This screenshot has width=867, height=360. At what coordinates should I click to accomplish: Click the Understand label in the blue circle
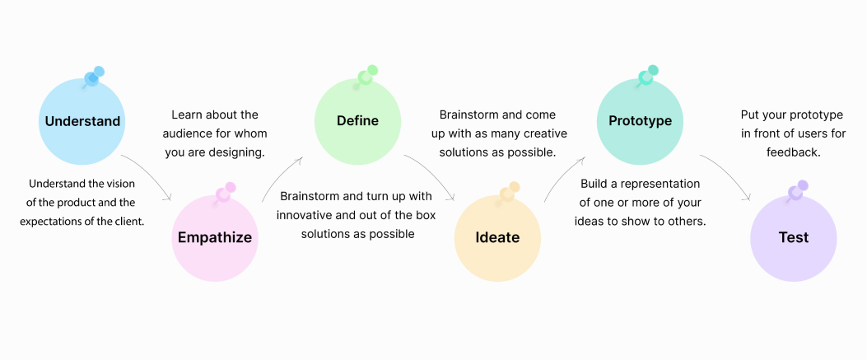[82, 121]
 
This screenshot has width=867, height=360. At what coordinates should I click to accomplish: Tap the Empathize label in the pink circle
[215, 238]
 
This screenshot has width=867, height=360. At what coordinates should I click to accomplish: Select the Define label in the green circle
[357, 120]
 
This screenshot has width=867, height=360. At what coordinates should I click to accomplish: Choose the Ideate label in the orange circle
[497, 237]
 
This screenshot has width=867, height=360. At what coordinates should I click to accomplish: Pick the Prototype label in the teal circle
[641, 120]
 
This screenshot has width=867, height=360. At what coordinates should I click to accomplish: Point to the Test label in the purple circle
[794, 237]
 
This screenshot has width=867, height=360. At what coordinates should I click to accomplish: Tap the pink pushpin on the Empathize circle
[225, 193]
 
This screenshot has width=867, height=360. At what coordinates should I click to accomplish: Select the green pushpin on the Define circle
[366, 76]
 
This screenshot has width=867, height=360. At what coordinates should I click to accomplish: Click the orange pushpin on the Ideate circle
[509, 193]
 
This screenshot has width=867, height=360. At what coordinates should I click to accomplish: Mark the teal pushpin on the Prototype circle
[647, 76]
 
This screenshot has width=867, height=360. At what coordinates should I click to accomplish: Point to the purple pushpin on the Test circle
[798, 191]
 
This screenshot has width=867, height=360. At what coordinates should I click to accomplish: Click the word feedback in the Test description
[793, 152]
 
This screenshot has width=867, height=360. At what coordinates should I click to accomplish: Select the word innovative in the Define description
[302, 215]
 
